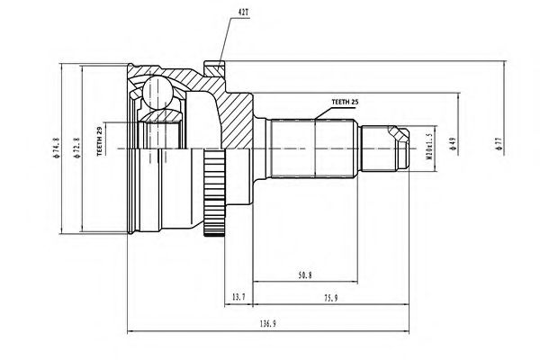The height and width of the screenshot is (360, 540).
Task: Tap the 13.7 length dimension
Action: [237, 295]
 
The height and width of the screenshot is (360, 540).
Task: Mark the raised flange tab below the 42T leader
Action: [215, 66]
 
